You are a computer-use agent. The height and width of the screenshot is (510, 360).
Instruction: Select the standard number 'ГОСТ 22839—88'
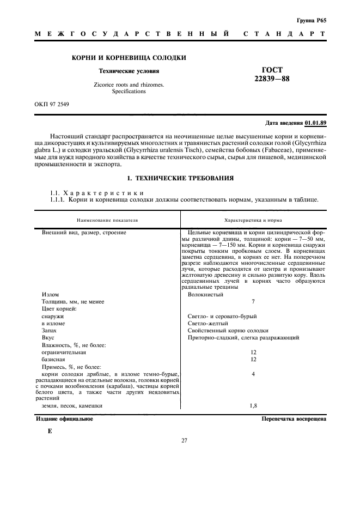tap(269, 75)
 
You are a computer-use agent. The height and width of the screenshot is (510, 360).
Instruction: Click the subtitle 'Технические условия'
tap(129, 71)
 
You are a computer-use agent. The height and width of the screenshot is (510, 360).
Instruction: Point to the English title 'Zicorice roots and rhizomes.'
tap(129, 85)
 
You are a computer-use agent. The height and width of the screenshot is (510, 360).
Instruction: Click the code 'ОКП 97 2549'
tap(52, 102)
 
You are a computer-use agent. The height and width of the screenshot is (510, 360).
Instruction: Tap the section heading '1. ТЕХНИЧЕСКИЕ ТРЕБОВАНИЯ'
tap(180, 178)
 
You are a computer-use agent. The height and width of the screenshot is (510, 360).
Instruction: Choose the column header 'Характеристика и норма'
tap(253, 220)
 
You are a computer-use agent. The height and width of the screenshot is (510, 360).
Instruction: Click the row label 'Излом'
tap(51, 294)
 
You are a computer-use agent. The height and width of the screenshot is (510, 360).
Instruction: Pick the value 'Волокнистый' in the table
tap(205, 294)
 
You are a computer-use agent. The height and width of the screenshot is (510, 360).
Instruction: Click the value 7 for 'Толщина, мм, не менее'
tap(253, 301)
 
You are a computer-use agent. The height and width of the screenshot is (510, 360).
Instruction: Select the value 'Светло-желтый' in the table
tap(208, 323)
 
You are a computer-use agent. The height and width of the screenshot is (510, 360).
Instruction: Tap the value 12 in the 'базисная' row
tap(253, 360)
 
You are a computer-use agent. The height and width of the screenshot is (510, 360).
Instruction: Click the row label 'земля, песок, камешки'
tap(72, 405)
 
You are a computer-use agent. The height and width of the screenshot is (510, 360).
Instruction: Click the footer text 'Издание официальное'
tap(64, 419)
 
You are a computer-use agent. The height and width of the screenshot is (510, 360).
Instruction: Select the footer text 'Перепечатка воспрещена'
tap(294, 419)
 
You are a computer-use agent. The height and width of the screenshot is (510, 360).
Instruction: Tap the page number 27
tap(184, 441)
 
